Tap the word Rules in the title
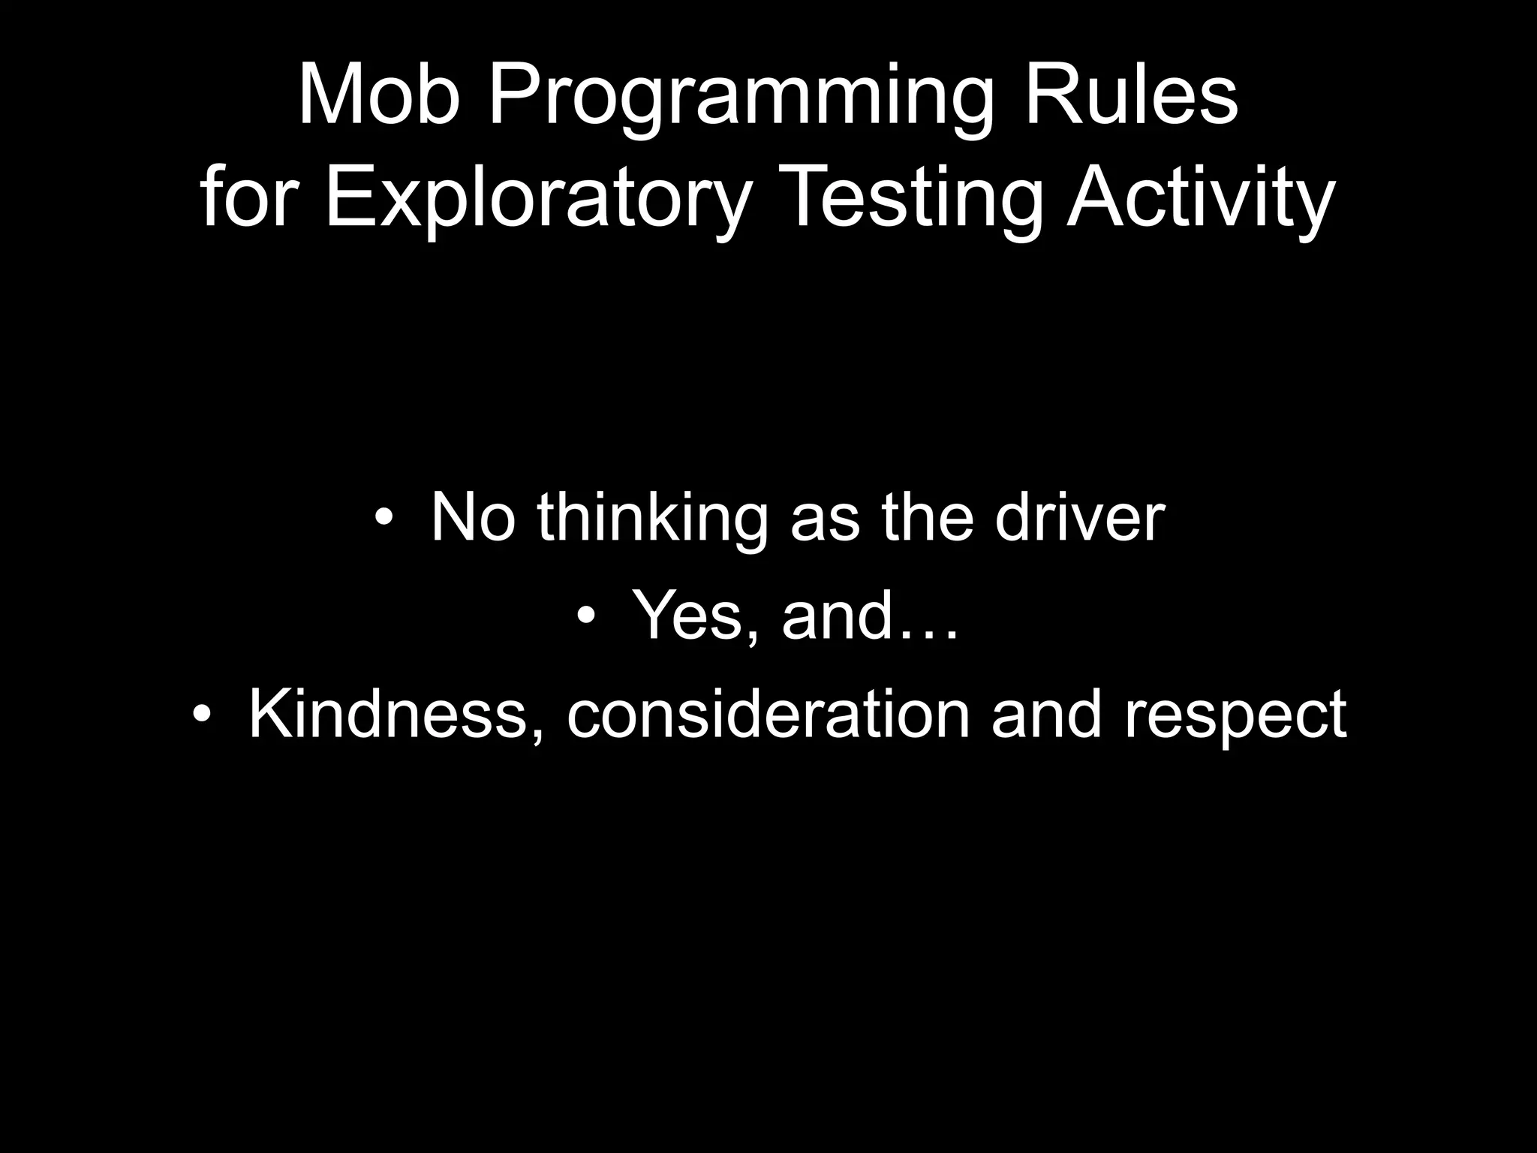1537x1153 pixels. [1130, 97]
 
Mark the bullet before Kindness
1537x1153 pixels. [201, 715]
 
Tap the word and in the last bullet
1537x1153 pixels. [1046, 715]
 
